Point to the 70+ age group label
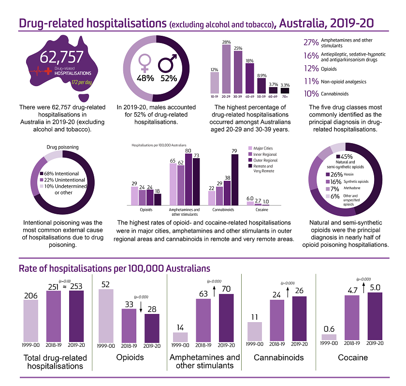(x=285, y=97)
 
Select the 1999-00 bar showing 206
(x=30, y=320)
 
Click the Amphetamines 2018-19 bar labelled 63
(x=203, y=320)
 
